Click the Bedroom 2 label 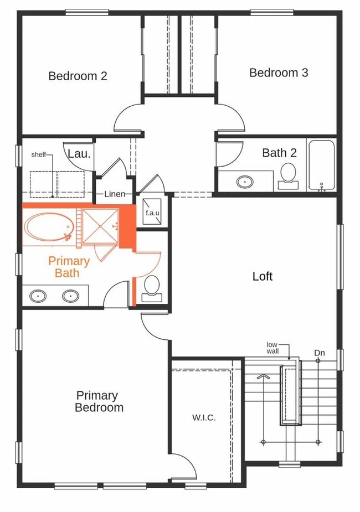[78, 76]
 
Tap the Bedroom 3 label [279, 73]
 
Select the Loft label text [262, 276]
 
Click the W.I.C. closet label [204, 417]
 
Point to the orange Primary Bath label [68, 267]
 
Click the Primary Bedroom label [99, 401]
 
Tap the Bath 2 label [279, 153]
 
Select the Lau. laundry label [79, 154]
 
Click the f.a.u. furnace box [152, 212]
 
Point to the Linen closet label [118, 194]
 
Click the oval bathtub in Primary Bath [48, 227]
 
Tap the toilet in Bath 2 [288, 173]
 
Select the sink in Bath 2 [244, 181]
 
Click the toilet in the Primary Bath [151, 288]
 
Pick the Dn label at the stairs [319, 353]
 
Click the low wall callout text [272, 347]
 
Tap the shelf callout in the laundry [38, 155]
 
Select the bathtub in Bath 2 [321, 165]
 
